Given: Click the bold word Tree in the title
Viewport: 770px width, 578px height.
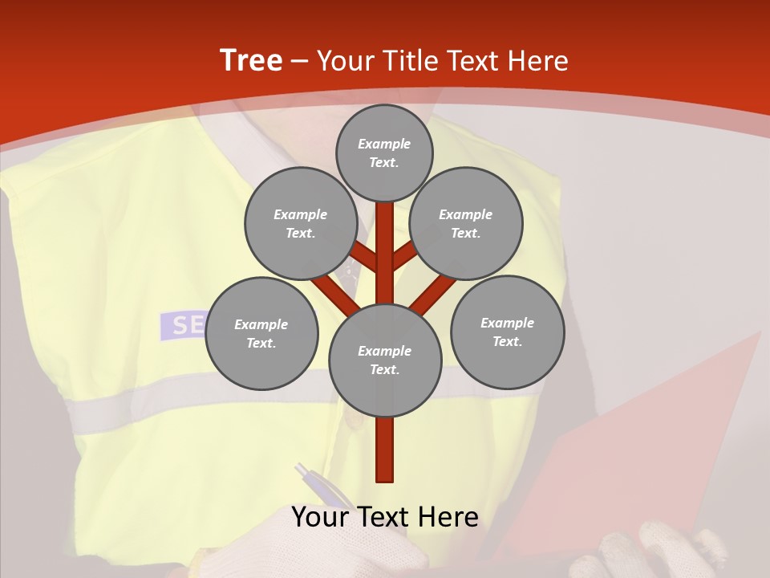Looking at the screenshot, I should tap(251, 60).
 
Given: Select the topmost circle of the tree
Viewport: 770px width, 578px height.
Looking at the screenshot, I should tap(384, 153).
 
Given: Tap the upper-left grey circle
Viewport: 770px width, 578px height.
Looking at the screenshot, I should tap(300, 223).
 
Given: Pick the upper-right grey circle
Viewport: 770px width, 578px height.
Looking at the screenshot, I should tap(466, 223).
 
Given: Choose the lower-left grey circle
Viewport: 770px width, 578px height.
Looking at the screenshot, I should tap(261, 333).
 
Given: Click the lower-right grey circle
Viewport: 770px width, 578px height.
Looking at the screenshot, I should tap(507, 332).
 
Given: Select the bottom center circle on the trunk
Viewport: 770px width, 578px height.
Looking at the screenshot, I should tap(385, 360).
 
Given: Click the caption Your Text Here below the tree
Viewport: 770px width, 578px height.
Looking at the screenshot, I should tap(385, 517).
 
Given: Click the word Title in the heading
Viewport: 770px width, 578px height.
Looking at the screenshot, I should tap(411, 61).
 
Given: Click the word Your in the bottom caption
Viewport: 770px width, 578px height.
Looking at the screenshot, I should tap(320, 517).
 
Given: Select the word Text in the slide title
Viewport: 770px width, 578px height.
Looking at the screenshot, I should tap(473, 61).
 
